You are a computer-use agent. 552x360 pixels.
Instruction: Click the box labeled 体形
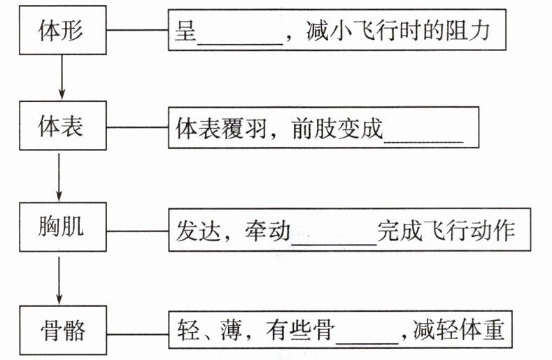point(63,30)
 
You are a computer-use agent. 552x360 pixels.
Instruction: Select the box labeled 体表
point(63,126)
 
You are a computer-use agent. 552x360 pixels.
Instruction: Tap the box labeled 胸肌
point(63,226)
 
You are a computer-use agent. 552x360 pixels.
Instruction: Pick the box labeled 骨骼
point(63,330)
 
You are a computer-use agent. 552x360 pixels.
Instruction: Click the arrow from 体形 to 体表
point(62,77)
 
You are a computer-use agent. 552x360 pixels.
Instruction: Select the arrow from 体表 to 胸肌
point(59,177)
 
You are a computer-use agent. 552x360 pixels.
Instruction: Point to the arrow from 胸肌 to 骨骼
point(59,280)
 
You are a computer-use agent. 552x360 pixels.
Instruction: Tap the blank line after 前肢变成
point(423,142)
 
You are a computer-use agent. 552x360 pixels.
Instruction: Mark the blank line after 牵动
point(334,243)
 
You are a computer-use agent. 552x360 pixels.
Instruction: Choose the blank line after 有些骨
point(367,343)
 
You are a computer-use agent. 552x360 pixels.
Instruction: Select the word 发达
point(198,231)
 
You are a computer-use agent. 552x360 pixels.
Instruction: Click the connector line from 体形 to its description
point(137,30)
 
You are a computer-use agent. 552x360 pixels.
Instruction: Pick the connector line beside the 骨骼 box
point(137,334)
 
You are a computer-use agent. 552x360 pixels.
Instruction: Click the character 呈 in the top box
point(185,31)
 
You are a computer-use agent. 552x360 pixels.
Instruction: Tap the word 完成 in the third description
point(399,231)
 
